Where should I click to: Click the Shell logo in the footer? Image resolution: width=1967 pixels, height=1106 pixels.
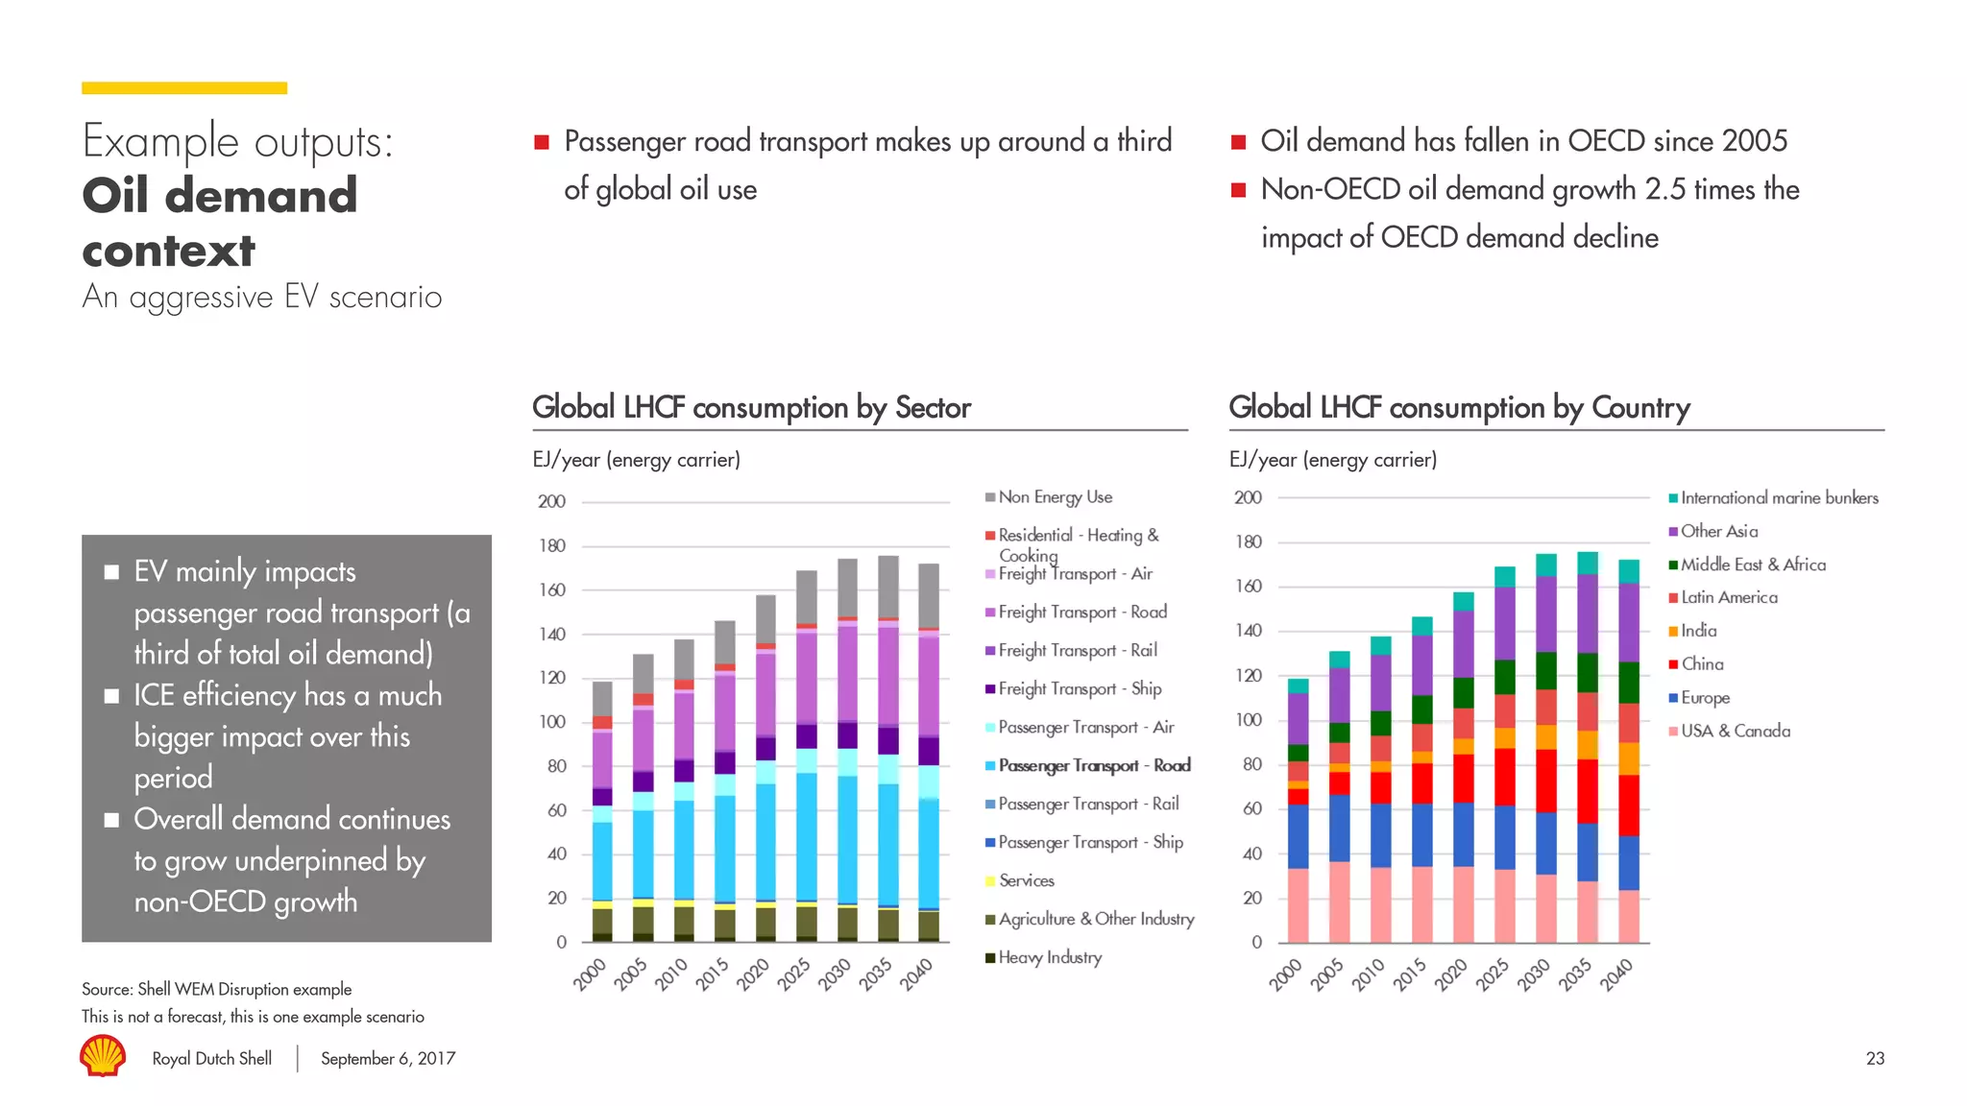pyautogui.click(x=103, y=1056)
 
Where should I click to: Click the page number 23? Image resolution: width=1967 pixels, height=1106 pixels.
pyautogui.click(x=1875, y=1058)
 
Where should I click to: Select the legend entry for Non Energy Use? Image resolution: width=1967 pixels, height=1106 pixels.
pyautogui.click(x=1055, y=497)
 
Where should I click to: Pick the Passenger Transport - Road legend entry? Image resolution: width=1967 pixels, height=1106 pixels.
pyautogui.click(x=1094, y=765)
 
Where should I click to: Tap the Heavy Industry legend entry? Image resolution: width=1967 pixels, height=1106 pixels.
pyautogui.click(x=1049, y=957)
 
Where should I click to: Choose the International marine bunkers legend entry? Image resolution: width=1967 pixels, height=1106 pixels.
pyautogui.click(x=1779, y=497)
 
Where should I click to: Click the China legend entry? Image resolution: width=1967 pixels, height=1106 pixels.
pyautogui.click(x=1701, y=664)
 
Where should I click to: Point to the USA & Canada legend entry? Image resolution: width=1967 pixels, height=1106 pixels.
pyautogui.click(x=1735, y=731)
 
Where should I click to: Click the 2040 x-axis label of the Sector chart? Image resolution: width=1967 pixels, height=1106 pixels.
pyautogui.click(x=916, y=974)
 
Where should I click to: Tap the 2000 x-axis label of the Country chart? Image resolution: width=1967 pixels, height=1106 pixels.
pyautogui.click(x=1285, y=974)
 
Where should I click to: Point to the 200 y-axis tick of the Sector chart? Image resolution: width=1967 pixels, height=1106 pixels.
pyautogui.click(x=551, y=501)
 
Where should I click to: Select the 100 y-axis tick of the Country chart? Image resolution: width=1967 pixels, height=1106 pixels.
pyautogui.click(x=1248, y=720)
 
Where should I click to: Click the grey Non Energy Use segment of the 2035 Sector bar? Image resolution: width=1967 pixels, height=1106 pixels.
pyautogui.click(x=888, y=586)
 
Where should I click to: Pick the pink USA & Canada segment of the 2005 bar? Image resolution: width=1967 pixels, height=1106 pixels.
pyautogui.click(x=1339, y=902)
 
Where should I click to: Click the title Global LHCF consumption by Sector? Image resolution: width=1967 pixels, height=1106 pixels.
pyautogui.click(x=751, y=407)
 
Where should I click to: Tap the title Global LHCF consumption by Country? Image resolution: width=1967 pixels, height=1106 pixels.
pyautogui.click(x=1459, y=407)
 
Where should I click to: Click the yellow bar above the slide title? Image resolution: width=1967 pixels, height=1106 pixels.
pyautogui.click(x=184, y=88)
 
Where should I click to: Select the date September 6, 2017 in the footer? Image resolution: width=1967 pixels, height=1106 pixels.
pyautogui.click(x=388, y=1058)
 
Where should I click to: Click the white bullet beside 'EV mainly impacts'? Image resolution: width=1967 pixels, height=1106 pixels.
pyautogui.click(x=111, y=572)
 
